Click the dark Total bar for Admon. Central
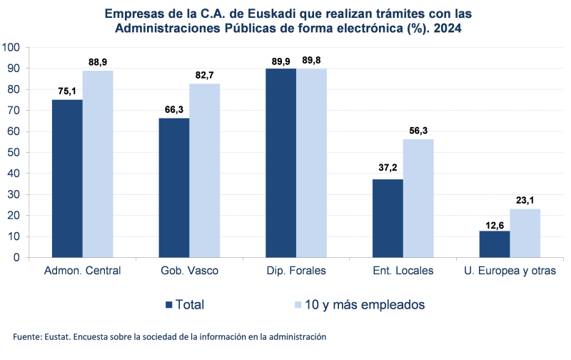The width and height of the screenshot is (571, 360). click(x=66, y=178)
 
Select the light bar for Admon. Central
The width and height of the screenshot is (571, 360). click(x=98, y=164)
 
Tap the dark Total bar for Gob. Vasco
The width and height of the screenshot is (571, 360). click(x=173, y=187)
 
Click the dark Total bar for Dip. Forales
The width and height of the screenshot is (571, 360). click(x=281, y=162)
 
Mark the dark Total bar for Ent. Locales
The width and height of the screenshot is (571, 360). click(x=388, y=218)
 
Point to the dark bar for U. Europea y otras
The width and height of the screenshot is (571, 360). click(x=494, y=244)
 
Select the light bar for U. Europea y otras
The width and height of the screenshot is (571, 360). click(x=525, y=233)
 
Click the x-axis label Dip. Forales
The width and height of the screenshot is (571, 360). click(x=296, y=271)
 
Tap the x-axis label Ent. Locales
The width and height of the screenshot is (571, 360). click(x=403, y=271)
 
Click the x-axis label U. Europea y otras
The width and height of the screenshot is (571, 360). click(x=510, y=271)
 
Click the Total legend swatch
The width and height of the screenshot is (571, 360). click(x=169, y=304)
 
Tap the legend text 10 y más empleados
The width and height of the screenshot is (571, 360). click(x=365, y=304)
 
